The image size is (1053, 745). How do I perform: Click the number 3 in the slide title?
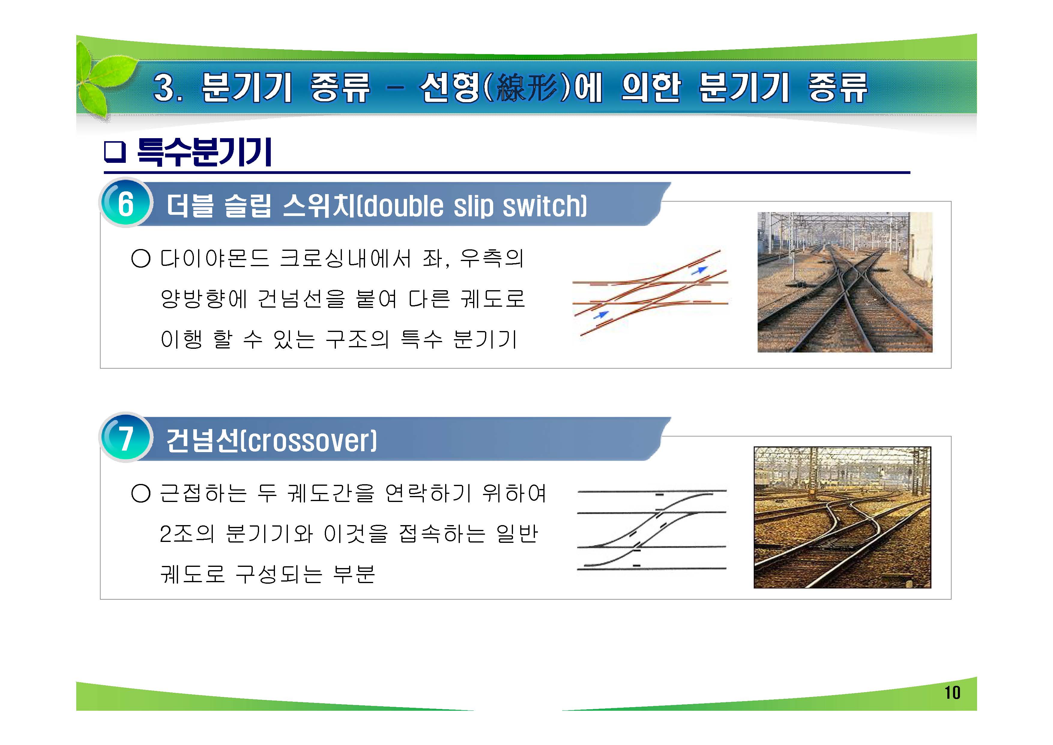166,88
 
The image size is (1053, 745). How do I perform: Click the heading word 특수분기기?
204,152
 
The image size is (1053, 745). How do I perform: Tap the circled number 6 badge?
125,203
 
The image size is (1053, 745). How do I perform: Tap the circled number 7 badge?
125,438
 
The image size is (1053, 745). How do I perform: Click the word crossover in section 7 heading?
309,441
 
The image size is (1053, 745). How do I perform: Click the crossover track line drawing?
651,530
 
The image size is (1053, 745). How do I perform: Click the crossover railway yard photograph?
842,517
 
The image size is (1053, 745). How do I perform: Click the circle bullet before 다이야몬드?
141,258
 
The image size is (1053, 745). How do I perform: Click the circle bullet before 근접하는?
141,494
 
